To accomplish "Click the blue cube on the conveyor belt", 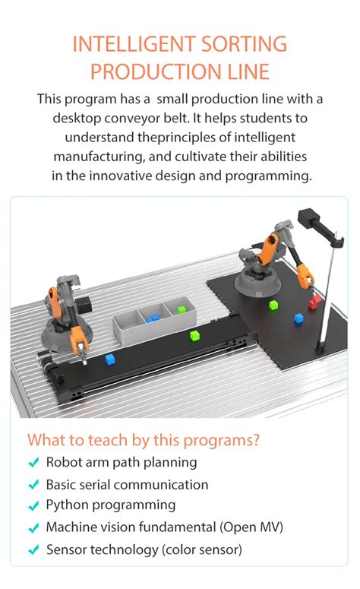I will [x=110, y=358].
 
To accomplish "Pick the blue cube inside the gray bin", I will [x=154, y=318].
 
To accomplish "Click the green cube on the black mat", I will [x=273, y=305].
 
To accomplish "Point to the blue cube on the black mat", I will [x=298, y=319].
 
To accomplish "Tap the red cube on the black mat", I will [x=314, y=302].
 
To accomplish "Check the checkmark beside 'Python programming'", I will [x=33, y=505].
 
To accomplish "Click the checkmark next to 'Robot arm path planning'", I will [x=33, y=463].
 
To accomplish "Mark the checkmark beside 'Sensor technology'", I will [x=33, y=549].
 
